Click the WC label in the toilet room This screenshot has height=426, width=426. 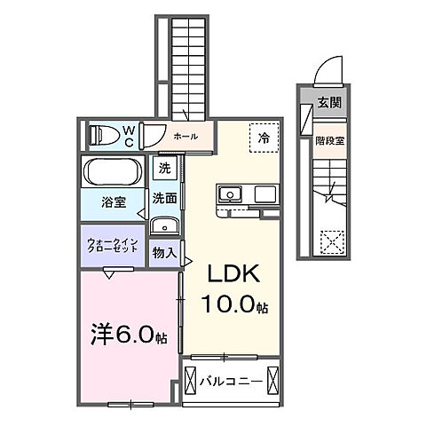pyautogui.click(x=128, y=137)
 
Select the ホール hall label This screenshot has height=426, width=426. pyautogui.click(x=185, y=137)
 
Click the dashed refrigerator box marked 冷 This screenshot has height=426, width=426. pyautogui.click(x=264, y=138)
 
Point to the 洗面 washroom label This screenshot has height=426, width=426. pyautogui.click(x=164, y=198)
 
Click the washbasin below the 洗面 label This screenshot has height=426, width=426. pyautogui.click(x=163, y=225)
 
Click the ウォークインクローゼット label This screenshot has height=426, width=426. pyautogui.click(x=111, y=247)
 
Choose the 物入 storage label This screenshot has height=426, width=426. pyautogui.click(x=163, y=254)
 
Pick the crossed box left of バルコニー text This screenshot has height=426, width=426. pyautogui.click(x=192, y=383)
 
